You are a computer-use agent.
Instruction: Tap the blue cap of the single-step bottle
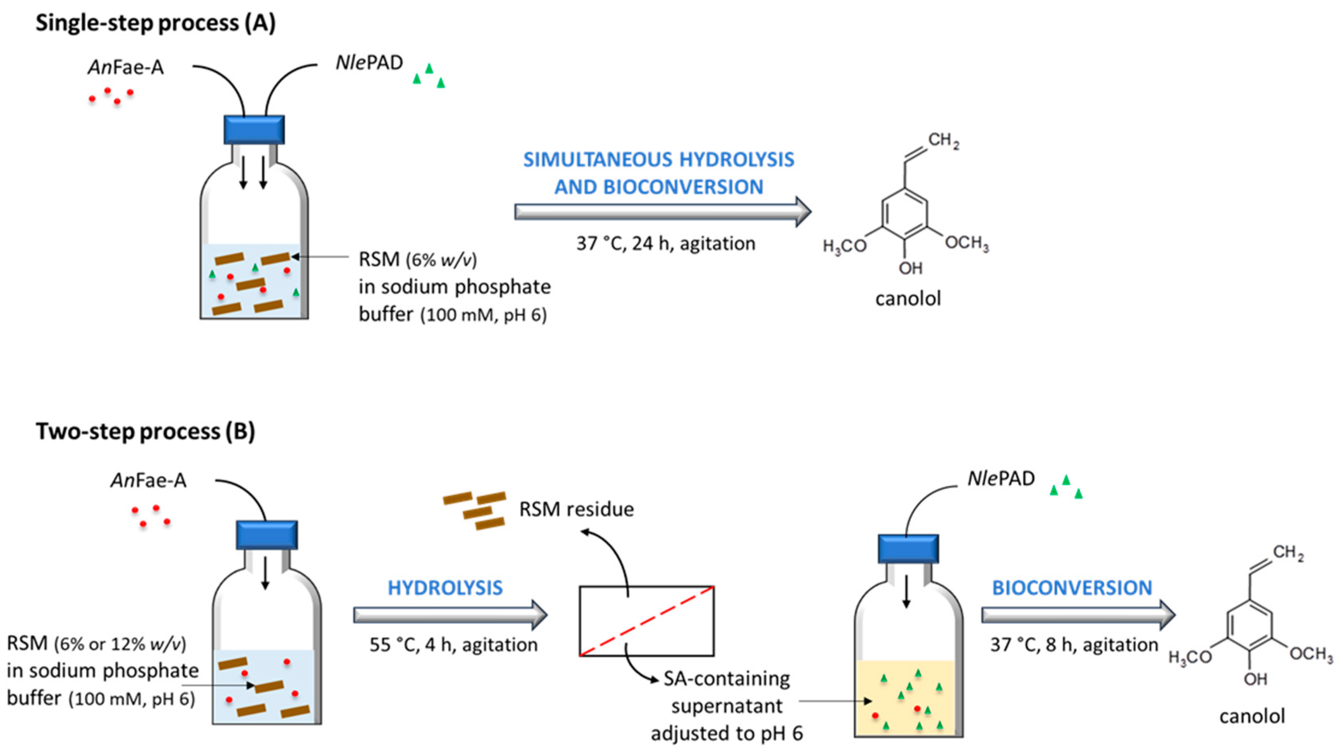[x=254, y=129]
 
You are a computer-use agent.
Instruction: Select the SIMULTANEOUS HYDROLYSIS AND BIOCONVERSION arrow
[x=662, y=212]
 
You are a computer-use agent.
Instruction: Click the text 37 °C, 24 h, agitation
[x=665, y=243]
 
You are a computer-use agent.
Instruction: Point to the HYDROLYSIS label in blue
[x=445, y=588]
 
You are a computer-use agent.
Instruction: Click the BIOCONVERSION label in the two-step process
[x=1072, y=588]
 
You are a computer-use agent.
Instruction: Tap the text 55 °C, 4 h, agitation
[x=453, y=645]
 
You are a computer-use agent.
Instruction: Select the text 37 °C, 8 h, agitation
[x=1074, y=645]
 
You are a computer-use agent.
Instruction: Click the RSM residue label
[x=576, y=509]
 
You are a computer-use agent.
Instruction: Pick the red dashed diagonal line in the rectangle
[x=647, y=620]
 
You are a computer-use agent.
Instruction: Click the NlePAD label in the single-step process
[x=369, y=63]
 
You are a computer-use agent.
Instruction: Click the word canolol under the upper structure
[x=908, y=299]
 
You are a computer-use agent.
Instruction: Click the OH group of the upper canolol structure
[x=910, y=268]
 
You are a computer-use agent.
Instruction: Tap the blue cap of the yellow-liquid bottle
[x=908, y=549]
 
